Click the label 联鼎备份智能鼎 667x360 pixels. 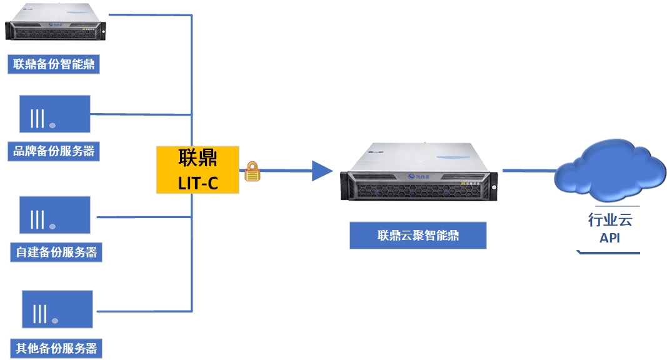tap(54, 64)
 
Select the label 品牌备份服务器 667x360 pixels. tap(54, 151)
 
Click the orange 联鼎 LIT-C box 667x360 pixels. tap(198, 169)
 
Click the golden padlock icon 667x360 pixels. tap(251, 172)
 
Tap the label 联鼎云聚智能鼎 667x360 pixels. tap(418, 236)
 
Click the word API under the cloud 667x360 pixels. tap(609, 238)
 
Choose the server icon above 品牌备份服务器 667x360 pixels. tap(54, 114)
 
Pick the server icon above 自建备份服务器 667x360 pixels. tap(54, 216)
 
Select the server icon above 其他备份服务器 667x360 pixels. tap(57, 309)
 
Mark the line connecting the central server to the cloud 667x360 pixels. tap(529, 169)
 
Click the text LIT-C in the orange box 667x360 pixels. tap(198, 182)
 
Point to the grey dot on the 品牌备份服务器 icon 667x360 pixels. tap(53, 126)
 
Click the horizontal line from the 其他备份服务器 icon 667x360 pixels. tap(143, 311)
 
